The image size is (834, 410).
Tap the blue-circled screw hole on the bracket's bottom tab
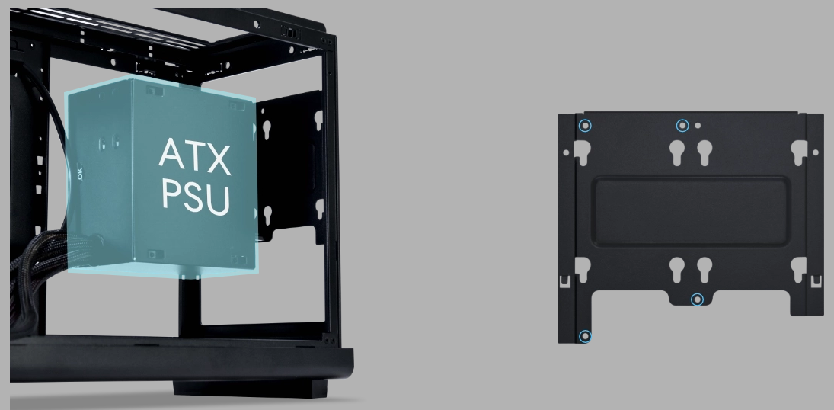[x=697, y=299]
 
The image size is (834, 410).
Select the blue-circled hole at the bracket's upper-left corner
[x=584, y=125]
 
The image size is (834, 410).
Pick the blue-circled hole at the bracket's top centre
[x=682, y=125]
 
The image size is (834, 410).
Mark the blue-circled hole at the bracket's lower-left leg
[x=585, y=336]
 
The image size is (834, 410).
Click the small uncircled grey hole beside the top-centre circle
[x=698, y=126]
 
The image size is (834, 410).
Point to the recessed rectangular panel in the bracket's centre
[x=691, y=211]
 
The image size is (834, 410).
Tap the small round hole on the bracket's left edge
[x=566, y=153]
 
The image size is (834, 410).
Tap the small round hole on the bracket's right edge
[x=816, y=153]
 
